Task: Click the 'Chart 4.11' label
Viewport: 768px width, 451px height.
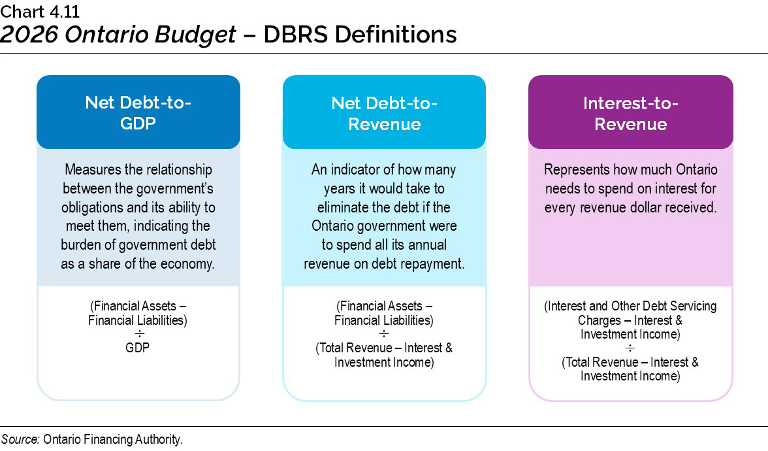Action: (x=40, y=11)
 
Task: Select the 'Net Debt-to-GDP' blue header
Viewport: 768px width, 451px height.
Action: (x=138, y=112)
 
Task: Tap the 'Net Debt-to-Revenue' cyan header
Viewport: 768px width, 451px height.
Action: (x=384, y=112)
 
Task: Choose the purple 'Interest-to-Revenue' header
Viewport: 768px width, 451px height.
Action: (x=630, y=112)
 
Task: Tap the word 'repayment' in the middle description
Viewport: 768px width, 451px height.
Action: (x=433, y=264)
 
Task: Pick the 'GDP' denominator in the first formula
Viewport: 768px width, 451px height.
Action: (x=138, y=348)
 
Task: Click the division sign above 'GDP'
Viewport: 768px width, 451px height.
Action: (x=138, y=334)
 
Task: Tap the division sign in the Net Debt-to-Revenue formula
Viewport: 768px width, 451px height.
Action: (x=384, y=334)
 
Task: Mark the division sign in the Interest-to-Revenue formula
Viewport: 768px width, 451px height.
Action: (x=630, y=348)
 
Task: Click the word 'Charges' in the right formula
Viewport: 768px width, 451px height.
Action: (x=600, y=320)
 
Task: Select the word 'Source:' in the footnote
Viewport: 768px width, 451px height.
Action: (x=21, y=439)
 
